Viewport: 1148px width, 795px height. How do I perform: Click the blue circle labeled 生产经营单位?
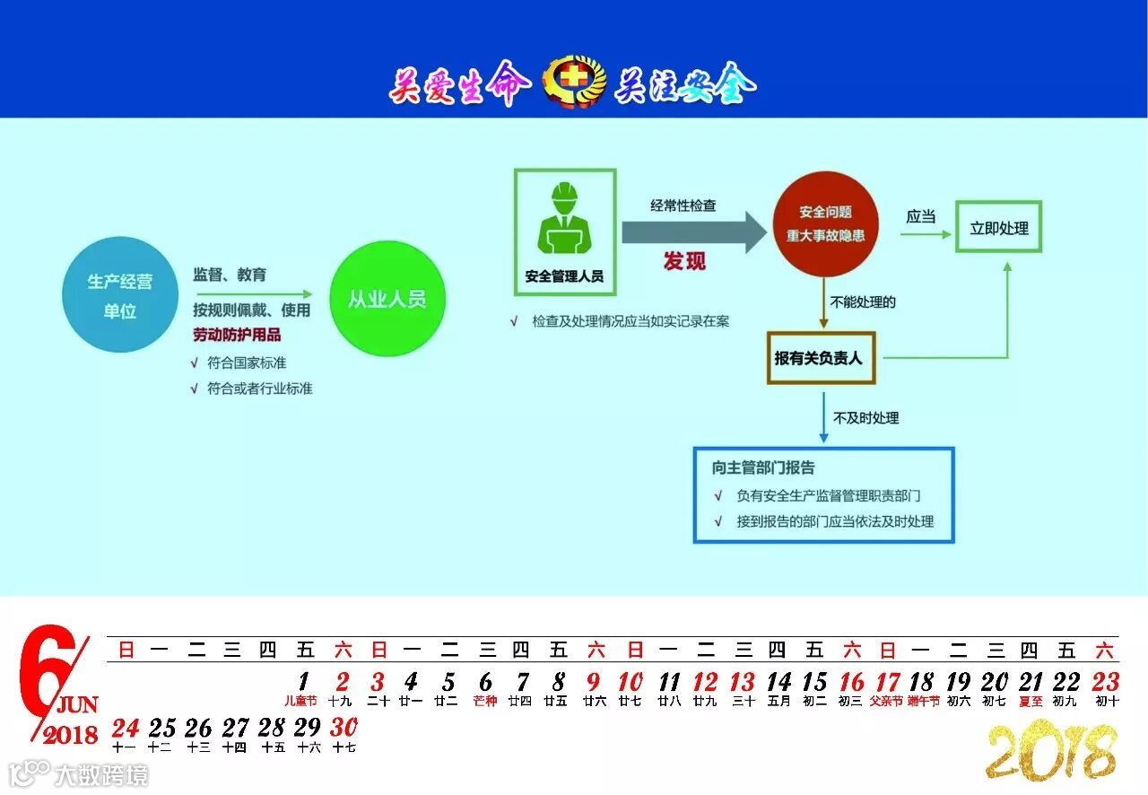click(119, 294)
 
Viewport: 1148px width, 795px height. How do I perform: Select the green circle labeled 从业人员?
click(387, 299)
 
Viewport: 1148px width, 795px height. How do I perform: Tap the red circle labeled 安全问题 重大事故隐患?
click(825, 224)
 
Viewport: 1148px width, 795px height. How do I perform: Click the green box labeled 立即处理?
click(998, 228)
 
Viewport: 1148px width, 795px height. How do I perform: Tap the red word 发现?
click(684, 261)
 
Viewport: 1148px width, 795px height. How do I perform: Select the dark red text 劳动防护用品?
click(237, 335)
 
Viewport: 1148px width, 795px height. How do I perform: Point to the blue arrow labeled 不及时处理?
click(823, 418)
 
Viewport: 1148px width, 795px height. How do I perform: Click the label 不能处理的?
click(863, 301)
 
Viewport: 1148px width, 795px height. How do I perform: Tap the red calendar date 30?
click(344, 728)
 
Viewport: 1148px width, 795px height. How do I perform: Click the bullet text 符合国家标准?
click(247, 363)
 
